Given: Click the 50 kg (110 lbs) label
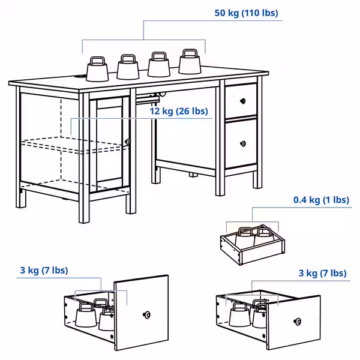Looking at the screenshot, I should [x=247, y=13].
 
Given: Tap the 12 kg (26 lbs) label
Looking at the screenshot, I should [x=178, y=111].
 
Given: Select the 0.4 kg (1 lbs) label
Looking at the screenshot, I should [x=321, y=200].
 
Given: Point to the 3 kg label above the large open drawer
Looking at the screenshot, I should [x=322, y=274].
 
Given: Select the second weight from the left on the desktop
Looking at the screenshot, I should [x=128, y=68].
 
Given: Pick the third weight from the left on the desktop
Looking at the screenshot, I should [x=159, y=65].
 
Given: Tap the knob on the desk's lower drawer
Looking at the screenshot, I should [x=243, y=143].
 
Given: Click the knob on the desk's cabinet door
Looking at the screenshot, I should [x=128, y=142].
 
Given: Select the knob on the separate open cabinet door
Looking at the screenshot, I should [x=146, y=314].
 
